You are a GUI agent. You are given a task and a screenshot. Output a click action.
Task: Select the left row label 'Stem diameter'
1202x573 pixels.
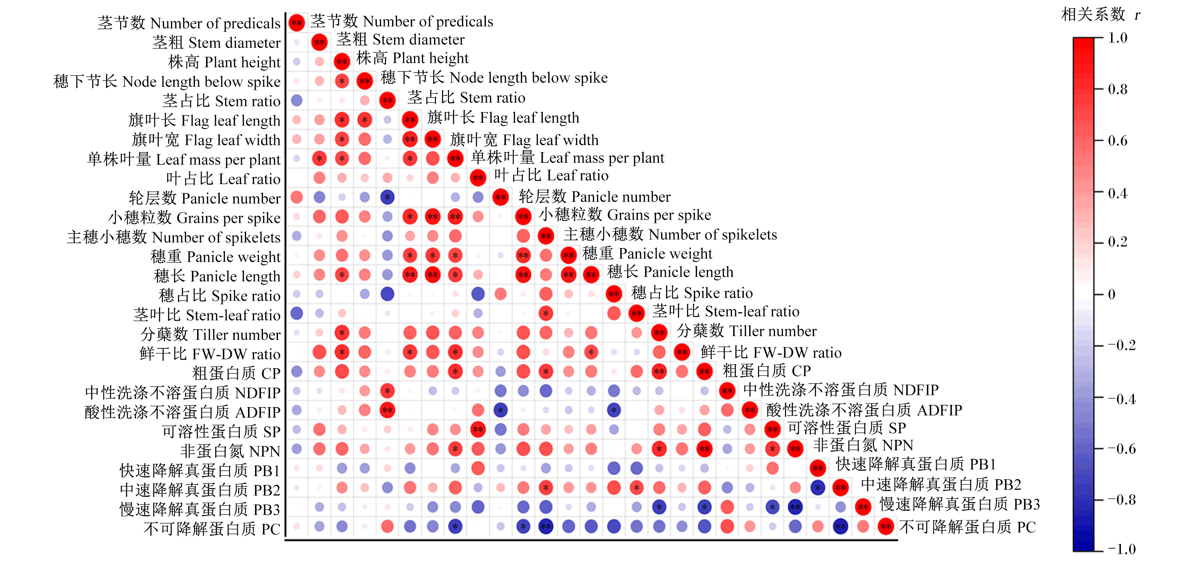click(217, 43)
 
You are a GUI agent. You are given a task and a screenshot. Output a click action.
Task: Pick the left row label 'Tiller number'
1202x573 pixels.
click(211, 334)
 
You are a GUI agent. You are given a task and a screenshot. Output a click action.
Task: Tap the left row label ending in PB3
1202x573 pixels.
click(200, 509)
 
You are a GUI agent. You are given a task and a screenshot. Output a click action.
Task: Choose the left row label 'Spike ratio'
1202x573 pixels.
click(220, 296)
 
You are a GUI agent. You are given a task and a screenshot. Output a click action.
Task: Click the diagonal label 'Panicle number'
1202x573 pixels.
click(594, 197)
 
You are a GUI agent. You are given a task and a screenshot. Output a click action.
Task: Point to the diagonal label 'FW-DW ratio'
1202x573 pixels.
click(771, 352)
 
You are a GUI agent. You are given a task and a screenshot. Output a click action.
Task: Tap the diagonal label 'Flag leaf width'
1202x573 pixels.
click(524, 140)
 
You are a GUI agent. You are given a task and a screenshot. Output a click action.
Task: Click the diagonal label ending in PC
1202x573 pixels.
click(967, 527)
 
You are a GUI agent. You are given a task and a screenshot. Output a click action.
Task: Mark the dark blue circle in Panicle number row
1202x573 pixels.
click(387, 197)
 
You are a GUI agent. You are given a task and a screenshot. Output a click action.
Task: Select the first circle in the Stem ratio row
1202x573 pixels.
click(296, 100)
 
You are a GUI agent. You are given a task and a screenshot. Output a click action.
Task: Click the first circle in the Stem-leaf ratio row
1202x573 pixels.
click(296, 313)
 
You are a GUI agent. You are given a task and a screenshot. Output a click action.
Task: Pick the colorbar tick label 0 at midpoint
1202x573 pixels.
click(1112, 294)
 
